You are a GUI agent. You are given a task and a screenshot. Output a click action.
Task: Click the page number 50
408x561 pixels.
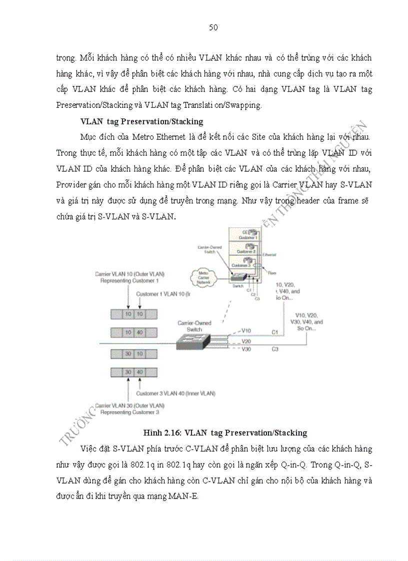coord(213,27)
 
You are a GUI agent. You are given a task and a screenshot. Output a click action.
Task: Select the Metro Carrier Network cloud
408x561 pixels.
coord(202,277)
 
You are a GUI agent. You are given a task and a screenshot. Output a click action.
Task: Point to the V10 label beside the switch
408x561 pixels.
coord(246,331)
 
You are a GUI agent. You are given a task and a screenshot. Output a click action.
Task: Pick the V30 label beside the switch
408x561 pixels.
coord(246,350)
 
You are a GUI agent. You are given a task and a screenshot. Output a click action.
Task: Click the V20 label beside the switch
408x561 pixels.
coord(246,341)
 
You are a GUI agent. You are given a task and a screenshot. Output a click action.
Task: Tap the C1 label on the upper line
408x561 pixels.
coord(274,332)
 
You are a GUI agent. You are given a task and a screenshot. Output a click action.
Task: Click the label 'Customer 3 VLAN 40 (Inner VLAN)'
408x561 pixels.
coord(176,393)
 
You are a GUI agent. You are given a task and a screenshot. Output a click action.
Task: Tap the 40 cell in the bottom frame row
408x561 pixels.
coord(140,372)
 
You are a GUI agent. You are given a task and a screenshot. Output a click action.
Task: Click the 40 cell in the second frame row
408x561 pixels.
coord(140,332)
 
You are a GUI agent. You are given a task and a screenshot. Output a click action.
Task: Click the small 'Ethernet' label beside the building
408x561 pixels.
coord(269,254)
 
